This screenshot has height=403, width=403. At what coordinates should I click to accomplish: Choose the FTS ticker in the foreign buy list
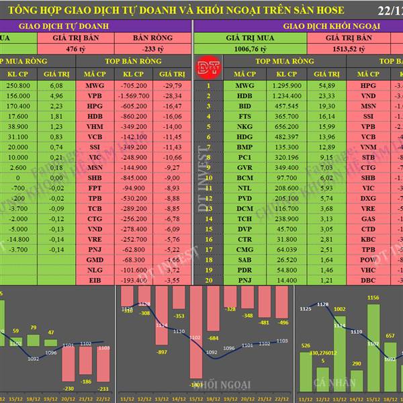(x=244, y=116)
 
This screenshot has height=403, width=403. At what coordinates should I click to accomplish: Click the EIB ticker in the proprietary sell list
(x=95, y=279)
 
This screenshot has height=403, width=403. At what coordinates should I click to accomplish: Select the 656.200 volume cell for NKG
(x=285, y=126)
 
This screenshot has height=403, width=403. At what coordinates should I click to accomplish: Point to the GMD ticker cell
(x=95, y=259)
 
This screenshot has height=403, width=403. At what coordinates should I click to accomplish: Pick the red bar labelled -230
(x=68, y=365)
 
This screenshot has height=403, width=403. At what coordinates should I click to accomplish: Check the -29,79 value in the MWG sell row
(x=173, y=86)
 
